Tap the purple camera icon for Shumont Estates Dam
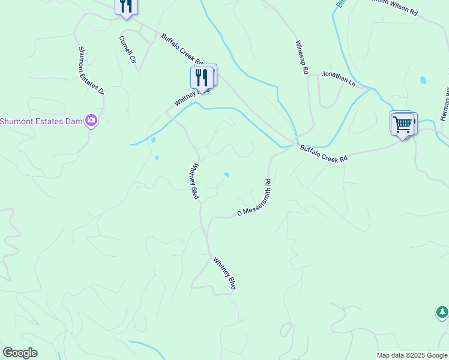pyautogui.click(x=91, y=121)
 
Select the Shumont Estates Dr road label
pyautogui.click(x=91, y=70)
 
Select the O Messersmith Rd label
pyautogui.click(x=255, y=197)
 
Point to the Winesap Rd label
pyautogui.click(x=301, y=58)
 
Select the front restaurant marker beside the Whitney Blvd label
pyautogui.click(x=202, y=77)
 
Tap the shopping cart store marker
pyautogui.click(x=402, y=125)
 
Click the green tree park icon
pyautogui.click(x=442, y=312)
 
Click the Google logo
pyautogui.click(x=20, y=353)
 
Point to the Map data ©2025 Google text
pyautogui.click(x=412, y=355)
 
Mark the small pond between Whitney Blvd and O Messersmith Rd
pyautogui.click(x=226, y=175)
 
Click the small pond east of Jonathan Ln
pyautogui.click(x=424, y=80)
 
